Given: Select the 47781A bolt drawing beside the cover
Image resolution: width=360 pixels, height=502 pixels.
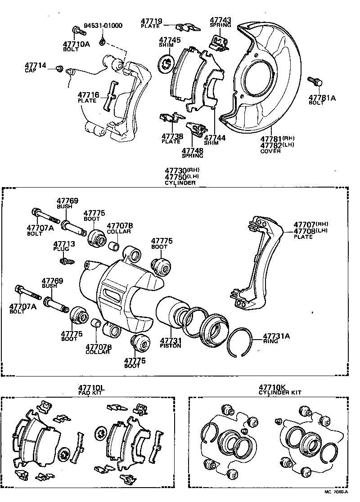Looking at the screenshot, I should pyautogui.click(x=314, y=81).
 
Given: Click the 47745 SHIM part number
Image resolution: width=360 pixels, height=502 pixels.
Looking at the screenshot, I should pyautogui.click(x=170, y=40).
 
